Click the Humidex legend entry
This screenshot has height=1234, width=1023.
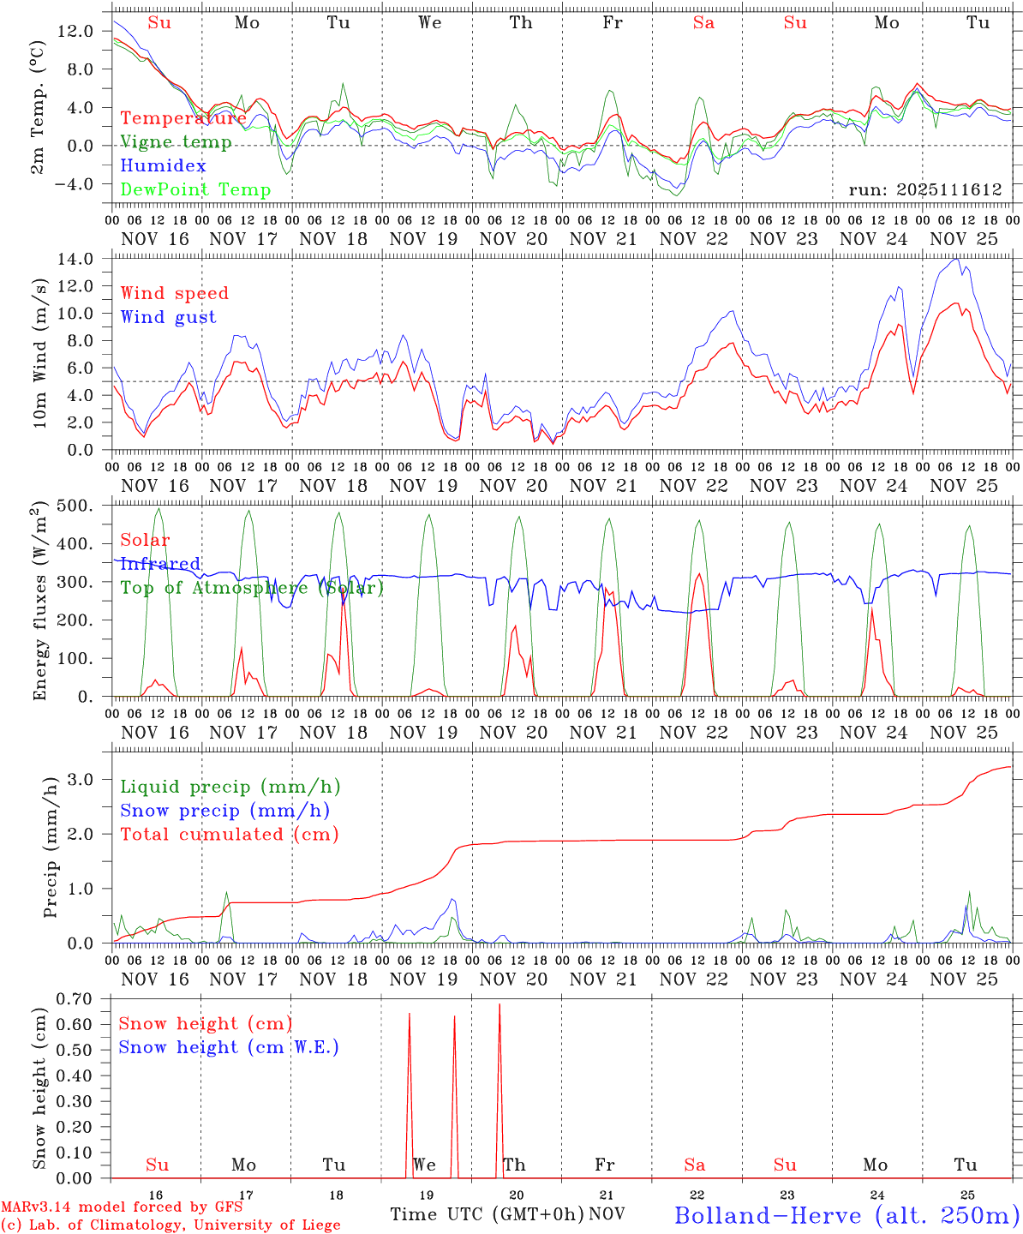[163, 165]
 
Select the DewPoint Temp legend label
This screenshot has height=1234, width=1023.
[195, 189]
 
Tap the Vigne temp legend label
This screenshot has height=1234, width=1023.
[176, 141]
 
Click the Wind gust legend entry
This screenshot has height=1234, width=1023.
[168, 317]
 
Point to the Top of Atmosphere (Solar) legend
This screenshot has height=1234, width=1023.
[252, 588]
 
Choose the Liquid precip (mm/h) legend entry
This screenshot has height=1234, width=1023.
[230, 787]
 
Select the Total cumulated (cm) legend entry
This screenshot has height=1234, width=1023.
[230, 834]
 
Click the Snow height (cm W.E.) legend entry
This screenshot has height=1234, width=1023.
[229, 1047]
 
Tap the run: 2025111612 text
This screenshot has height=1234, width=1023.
[925, 189]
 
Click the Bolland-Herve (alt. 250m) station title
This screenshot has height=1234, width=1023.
[847, 1214]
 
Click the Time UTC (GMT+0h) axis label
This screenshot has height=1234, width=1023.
[487, 1214]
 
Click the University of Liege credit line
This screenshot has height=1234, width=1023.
[170, 1225]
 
